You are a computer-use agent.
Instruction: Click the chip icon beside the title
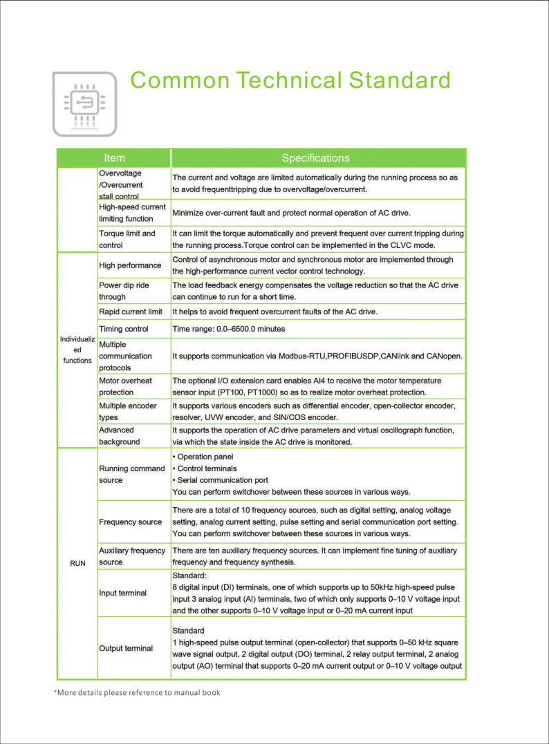(84, 104)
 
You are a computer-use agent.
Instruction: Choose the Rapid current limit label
(131, 312)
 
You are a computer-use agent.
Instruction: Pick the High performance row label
(130, 265)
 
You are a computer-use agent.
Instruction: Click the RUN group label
(77, 563)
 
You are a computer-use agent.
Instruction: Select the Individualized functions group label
(77, 350)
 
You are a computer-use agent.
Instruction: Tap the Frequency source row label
(131, 522)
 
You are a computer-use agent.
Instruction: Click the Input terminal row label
(123, 593)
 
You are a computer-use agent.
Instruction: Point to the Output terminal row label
(126, 648)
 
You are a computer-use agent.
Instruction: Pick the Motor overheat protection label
(126, 386)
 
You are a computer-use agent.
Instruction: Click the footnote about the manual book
(137, 692)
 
